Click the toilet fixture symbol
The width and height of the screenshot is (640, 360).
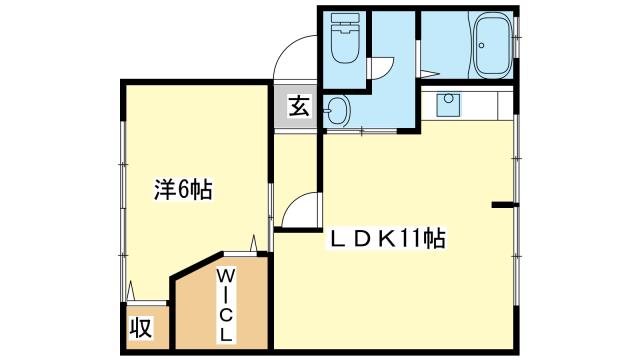345,38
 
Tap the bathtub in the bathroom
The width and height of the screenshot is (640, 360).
493,44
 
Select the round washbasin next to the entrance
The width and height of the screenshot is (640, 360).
338,110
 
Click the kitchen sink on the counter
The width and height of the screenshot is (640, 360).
448,104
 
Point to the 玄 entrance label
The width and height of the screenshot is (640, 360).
299,105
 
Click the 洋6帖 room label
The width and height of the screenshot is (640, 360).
183,189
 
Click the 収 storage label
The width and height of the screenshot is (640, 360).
141,327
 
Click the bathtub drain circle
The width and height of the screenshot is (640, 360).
482,45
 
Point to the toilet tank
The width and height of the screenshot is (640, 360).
345,18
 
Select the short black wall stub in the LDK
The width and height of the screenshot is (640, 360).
504,205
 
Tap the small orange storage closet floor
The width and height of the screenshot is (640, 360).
147,327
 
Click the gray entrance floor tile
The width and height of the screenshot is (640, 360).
295,107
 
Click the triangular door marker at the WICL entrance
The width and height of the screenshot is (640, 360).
254,243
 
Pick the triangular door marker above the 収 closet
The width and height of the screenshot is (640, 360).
131,291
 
